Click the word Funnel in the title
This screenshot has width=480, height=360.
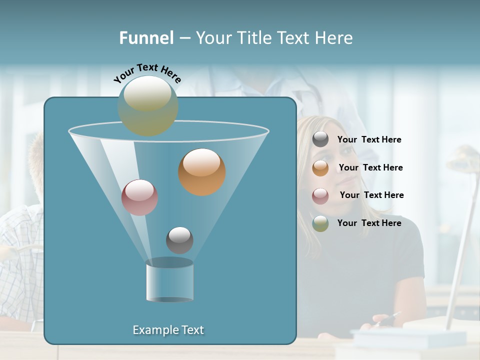click(x=146, y=38)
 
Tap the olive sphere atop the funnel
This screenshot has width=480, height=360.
click(x=147, y=105)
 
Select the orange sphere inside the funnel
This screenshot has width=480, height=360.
click(x=201, y=172)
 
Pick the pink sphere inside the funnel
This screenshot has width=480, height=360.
click(x=139, y=197)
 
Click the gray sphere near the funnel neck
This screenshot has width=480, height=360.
click(x=179, y=240)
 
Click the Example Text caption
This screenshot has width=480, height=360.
click(x=168, y=330)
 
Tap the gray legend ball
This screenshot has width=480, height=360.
click(x=320, y=139)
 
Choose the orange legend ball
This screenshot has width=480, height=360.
click(x=320, y=167)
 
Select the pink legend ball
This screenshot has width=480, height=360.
click(x=320, y=195)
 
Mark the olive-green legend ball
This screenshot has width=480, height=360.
click(x=320, y=223)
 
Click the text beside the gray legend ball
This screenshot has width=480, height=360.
click(x=369, y=140)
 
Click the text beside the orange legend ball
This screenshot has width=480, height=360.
click(x=370, y=168)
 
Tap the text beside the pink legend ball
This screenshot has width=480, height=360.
click(x=371, y=195)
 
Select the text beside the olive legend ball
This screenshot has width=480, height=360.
click(x=369, y=223)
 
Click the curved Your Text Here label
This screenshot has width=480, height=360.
click(x=147, y=73)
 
